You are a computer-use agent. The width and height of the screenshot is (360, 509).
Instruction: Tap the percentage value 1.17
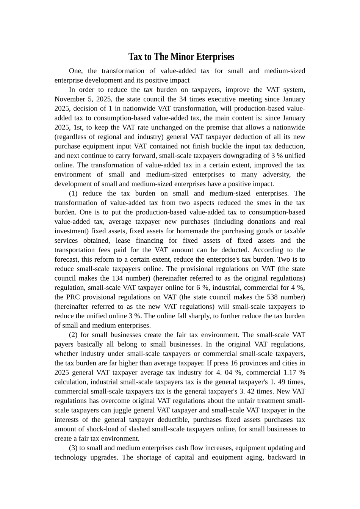(x=289, y=373)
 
